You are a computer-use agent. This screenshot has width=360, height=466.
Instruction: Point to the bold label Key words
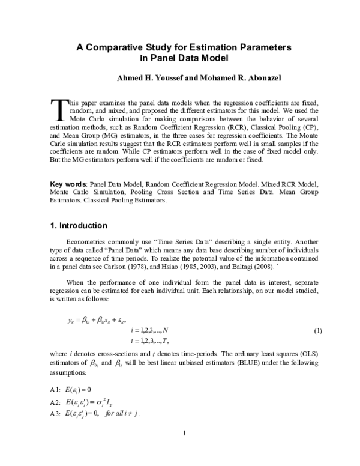pos(68,182)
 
